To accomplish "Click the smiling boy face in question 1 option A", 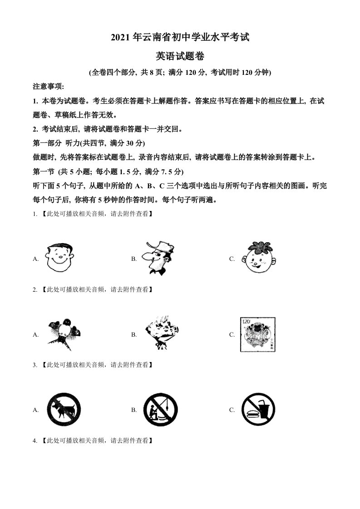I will [60, 257].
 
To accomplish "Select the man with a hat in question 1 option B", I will [157, 258].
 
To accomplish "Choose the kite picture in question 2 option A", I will [64, 333].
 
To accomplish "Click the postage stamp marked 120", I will [258, 334].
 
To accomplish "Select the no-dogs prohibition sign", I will [64, 410].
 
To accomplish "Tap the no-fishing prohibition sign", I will [160, 410].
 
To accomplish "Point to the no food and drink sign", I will [258, 410].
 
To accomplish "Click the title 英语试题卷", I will [180, 56].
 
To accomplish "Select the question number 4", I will [35, 440].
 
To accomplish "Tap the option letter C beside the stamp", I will [232, 334].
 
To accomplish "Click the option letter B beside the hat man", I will [134, 259].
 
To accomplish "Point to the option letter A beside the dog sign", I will [35, 410].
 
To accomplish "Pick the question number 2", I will [35, 289].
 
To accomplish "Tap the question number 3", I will [35, 364].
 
